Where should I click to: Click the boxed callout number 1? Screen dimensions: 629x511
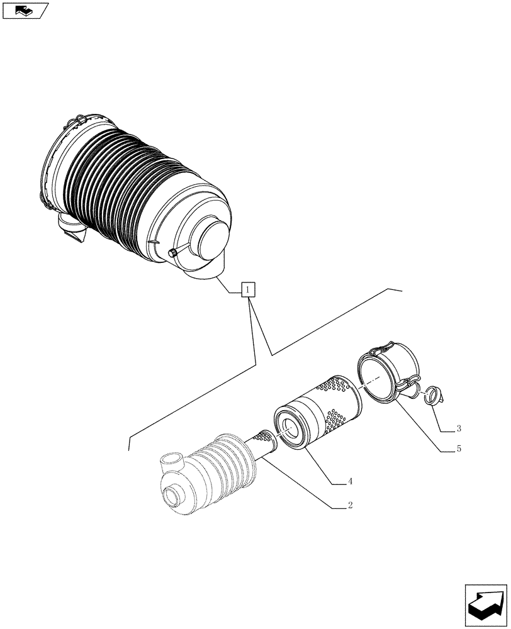249,290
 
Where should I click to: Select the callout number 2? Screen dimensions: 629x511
350,505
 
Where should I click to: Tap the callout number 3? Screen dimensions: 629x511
459,429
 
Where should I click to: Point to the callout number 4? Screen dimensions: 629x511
350,482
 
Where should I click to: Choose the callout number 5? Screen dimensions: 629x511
459,448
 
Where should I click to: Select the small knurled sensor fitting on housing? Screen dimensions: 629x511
172,253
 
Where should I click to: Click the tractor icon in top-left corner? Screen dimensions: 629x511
24,11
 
